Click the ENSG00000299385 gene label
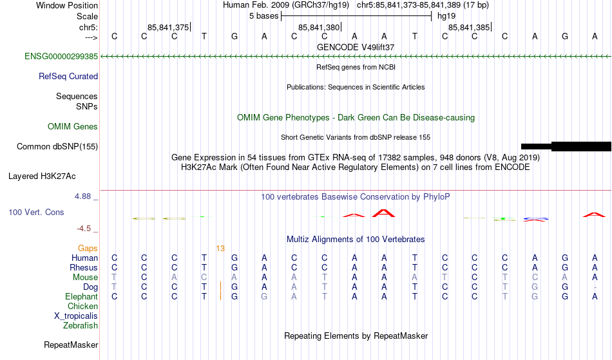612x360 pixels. tap(61, 57)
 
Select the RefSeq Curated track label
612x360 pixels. tap(68, 77)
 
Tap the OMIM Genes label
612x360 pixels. tap(73, 127)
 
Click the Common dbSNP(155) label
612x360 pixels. tap(57, 147)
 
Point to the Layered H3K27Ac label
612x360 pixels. tap(42, 176)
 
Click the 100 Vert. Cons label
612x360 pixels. tap(36, 212)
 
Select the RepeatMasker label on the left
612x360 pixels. tap(71, 345)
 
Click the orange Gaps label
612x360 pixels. tap(88, 249)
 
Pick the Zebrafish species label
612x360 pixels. tap(81, 325)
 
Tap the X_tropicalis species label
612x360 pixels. tap(76, 316)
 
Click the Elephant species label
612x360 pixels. tap(82, 297)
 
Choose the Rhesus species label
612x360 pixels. tap(84, 267)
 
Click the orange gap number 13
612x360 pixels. tap(220, 249)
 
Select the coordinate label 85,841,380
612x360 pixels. tap(319, 27)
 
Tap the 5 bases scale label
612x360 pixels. tap(264, 16)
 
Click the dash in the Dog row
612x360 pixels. tap(595, 287)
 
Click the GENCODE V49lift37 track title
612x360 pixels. tap(356, 47)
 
